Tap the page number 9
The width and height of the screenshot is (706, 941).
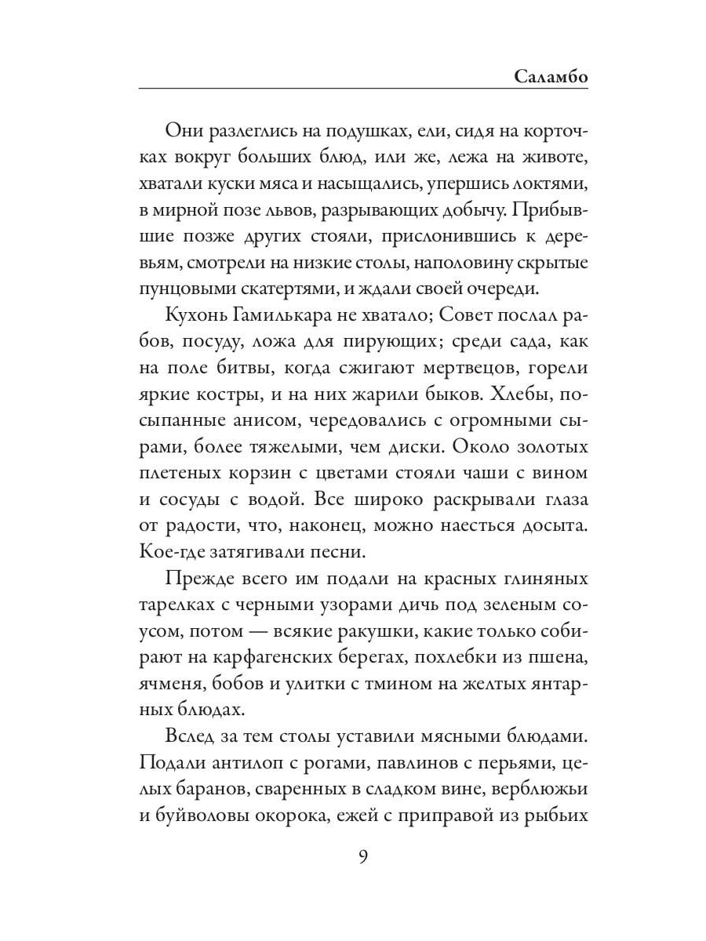[363, 855]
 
